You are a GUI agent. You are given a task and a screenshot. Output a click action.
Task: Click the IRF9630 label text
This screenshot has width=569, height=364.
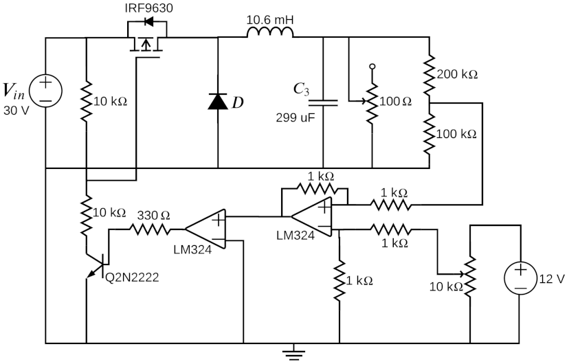pyautogui.click(x=148, y=9)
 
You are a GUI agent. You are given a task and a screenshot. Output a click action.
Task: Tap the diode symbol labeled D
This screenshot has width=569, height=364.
pyautogui.click(x=218, y=102)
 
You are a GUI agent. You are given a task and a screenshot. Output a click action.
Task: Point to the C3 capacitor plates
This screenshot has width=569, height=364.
pyautogui.click(x=323, y=102)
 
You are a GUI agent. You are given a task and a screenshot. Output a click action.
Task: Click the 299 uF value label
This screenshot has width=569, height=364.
pyautogui.click(x=295, y=117)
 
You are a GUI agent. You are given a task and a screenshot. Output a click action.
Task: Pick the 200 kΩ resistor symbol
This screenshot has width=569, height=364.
pyautogui.click(x=429, y=73)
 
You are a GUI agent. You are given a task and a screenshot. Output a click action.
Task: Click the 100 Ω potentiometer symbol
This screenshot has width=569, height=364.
pyautogui.click(x=372, y=102)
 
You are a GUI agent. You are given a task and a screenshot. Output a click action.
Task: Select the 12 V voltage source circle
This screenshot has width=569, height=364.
pyautogui.click(x=522, y=278)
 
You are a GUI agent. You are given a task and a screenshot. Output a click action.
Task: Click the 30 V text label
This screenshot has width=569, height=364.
pyautogui.click(x=17, y=110)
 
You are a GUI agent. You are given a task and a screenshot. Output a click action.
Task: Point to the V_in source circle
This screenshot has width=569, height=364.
pyautogui.click(x=45, y=90)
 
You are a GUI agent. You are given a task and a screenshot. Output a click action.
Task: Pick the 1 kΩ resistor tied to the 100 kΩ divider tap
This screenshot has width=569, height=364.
pyautogui.click(x=390, y=204)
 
